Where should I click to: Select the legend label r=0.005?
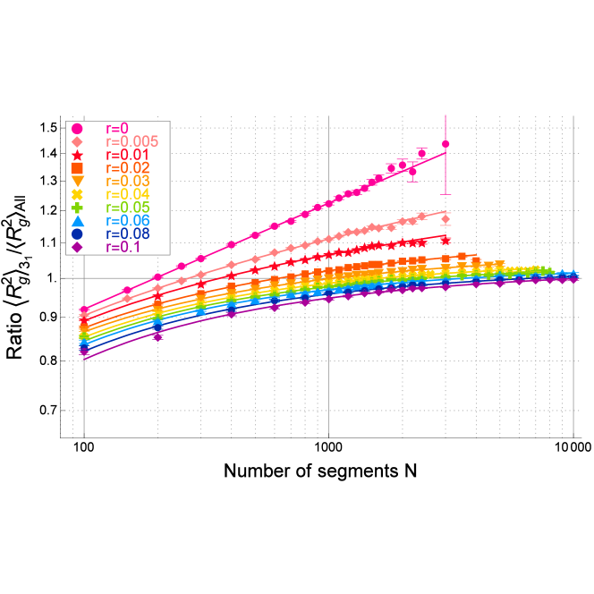pyautogui.click(x=132, y=142)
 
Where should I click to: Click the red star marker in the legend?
pyautogui.click(x=77, y=155)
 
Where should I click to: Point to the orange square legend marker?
pyautogui.click(x=77, y=168)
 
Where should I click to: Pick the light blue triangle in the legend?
pyautogui.click(x=77, y=221)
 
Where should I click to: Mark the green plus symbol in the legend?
pyautogui.click(x=77, y=208)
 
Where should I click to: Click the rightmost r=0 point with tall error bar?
pyautogui.click(x=445, y=144)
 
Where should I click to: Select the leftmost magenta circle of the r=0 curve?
pyautogui.click(x=84, y=310)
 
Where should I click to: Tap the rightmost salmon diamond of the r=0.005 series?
pyautogui.click(x=445, y=219)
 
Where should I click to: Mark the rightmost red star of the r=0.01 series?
pyautogui.click(x=445, y=240)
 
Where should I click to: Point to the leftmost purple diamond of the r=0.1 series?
pyautogui.click(x=84, y=352)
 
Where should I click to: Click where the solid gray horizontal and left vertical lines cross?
pyautogui.click(x=84, y=278)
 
